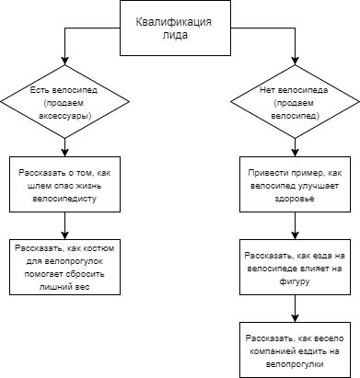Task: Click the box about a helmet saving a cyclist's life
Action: click(63, 186)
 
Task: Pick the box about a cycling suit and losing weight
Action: click(63, 268)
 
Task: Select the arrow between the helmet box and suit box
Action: click(63, 226)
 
